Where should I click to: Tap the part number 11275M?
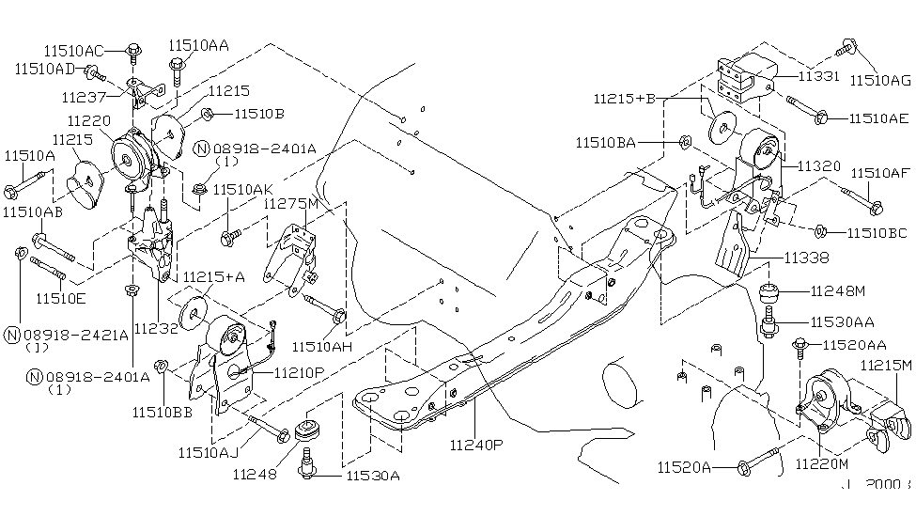click(291, 204)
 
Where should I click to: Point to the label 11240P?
click(477, 443)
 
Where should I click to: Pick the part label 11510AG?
click(881, 81)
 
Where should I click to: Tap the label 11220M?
click(822, 464)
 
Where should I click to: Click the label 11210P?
click(300, 373)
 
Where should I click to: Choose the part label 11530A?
click(373, 476)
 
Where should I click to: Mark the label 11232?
click(152, 329)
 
